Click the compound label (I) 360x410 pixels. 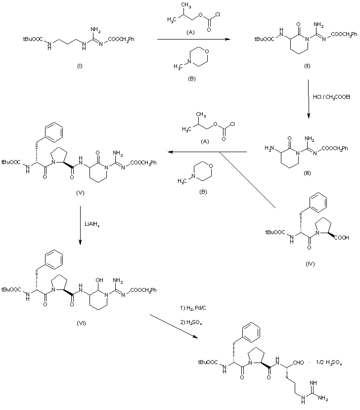[80, 66]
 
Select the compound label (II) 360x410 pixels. [307, 66]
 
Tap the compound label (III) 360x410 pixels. [307, 173]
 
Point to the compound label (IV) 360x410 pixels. [310, 264]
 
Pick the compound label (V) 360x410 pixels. [80, 193]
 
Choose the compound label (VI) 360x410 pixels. [81, 323]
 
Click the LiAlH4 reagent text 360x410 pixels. [92, 224]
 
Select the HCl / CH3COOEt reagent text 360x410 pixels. [331, 97]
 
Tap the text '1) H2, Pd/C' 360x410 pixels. [193, 308]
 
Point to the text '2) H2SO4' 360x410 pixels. [191, 322]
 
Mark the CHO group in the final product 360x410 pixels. [298, 363]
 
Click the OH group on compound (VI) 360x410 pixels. [99, 280]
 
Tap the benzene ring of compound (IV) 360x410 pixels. [318, 203]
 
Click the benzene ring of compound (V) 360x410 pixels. [54, 132]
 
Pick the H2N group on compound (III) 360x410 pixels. [270, 148]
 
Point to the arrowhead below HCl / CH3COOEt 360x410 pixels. [309, 116]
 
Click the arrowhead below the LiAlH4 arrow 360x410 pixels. [80, 243]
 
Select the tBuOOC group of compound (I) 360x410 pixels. [33, 39]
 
